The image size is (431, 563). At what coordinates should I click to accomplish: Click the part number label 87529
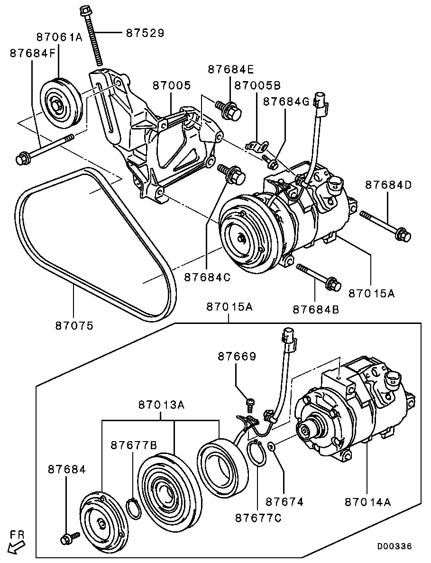point(145,33)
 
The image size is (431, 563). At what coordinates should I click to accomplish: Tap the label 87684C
point(207,277)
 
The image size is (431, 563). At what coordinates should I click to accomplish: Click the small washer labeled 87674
point(271,446)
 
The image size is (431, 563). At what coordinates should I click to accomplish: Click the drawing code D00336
point(394,546)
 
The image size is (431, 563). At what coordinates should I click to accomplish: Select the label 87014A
point(368,502)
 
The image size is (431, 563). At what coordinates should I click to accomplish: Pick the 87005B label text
point(258,85)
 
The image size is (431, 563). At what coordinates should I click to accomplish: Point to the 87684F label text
point(32,54)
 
